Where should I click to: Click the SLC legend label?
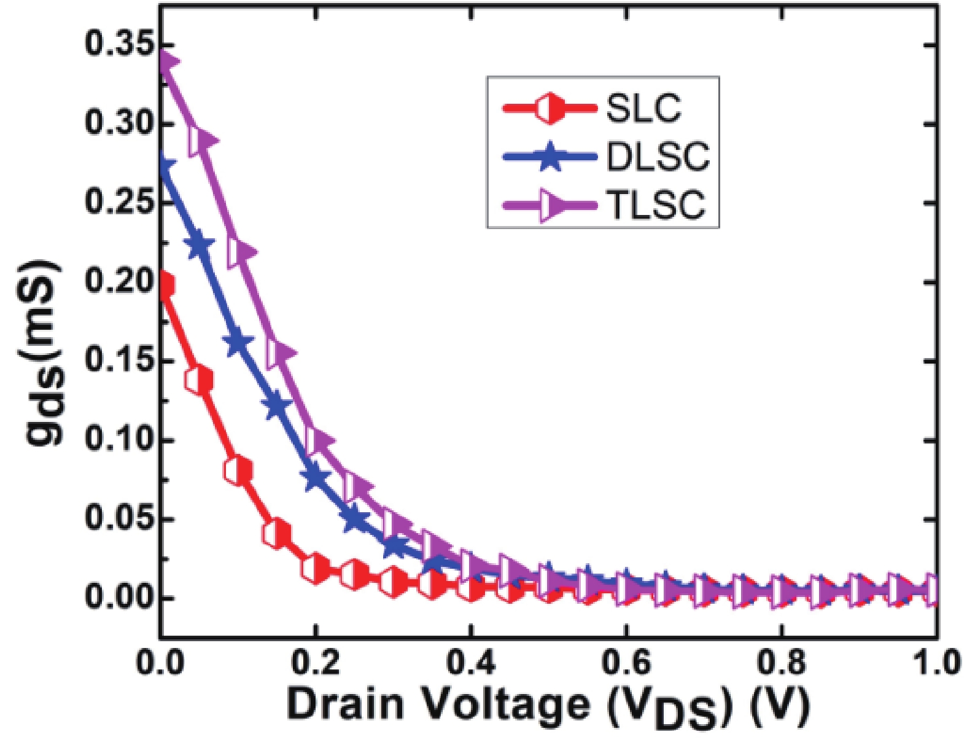pos(643,109)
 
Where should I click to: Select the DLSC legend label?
pos(658,157)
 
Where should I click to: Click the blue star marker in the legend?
pos(550,157)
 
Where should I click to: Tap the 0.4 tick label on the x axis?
pos(470,663)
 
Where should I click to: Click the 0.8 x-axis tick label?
pos(781,663)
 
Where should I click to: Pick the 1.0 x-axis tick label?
pos(935,663)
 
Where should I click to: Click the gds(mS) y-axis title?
pos(44,353)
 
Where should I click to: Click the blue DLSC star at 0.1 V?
pos(238,342)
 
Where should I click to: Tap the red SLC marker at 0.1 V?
pos(238,472)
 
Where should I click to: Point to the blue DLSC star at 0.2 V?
pos(315,476)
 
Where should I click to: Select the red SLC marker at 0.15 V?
pos(277,534)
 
